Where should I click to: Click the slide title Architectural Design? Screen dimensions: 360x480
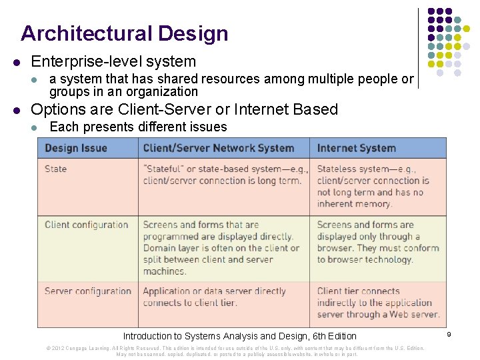tap(124, 33)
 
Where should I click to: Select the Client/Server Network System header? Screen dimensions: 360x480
tap(218, 148)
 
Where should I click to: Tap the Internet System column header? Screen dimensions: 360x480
tap(356, 148)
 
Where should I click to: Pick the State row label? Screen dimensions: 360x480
tap(55, 169)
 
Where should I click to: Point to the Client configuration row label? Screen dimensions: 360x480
tap(86, 225)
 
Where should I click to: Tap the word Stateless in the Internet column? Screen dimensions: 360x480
tap(337, 169)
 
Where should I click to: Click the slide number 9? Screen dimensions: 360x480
tap(449, 334)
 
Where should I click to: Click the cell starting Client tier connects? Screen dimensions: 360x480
tap(377, 303)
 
